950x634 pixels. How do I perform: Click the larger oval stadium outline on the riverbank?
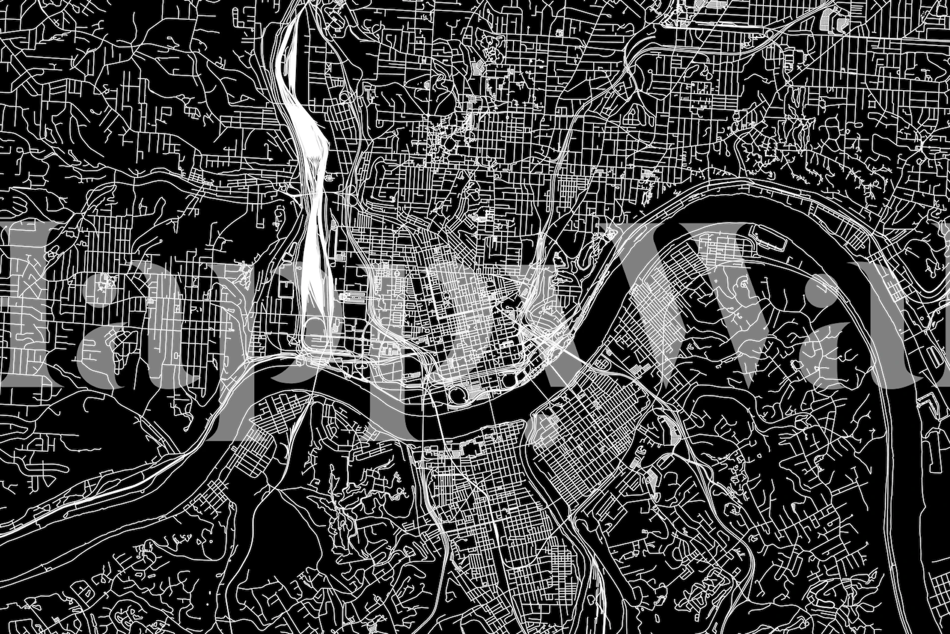(x=458, y=395)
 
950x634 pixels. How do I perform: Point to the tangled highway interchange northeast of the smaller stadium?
(x=550, y=342)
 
